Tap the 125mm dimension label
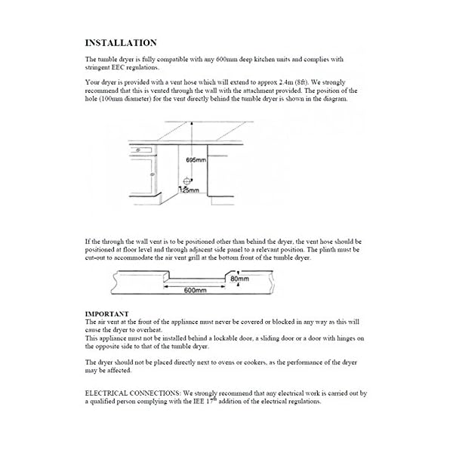(x=190, y=192)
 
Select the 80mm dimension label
(x=239, y=279)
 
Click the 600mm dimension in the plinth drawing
(x=196, y=290)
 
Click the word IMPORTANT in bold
(x=106, y=313)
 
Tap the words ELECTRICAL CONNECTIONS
(x=131, y=393)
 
